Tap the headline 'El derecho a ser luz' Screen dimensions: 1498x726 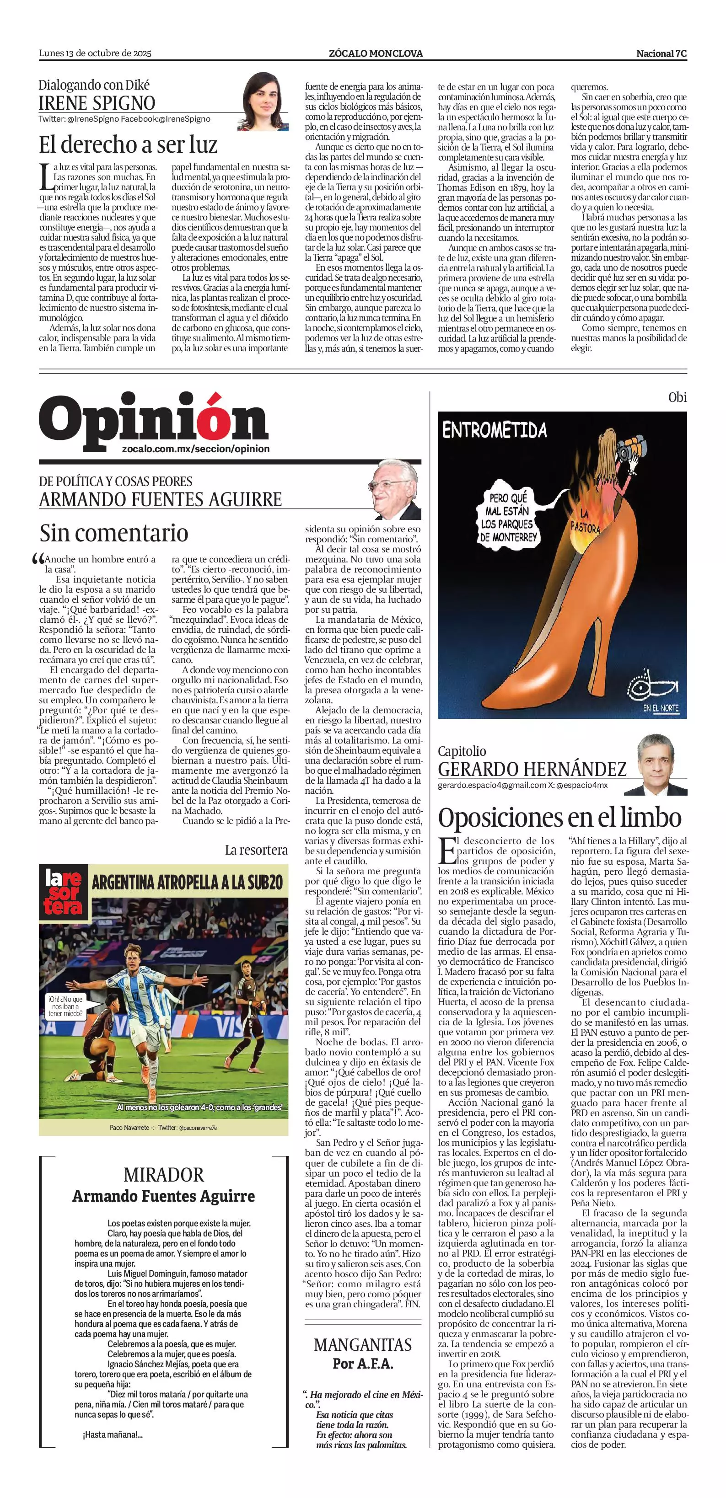pos(128,144)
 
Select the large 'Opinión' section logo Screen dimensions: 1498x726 pos(154,417)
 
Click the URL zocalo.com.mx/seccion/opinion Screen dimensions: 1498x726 pos(196,449)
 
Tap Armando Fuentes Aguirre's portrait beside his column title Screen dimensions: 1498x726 pos(396,489)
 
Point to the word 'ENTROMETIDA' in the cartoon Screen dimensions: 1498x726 pos(495,430)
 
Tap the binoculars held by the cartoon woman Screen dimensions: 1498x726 pos(630,449)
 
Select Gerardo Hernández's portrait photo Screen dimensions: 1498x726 pos(662,764)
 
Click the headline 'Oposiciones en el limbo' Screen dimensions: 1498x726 pos(559,817)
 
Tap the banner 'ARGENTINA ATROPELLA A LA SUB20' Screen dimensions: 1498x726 pos(187,882)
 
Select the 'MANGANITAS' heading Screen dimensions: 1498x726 pos(362,1344)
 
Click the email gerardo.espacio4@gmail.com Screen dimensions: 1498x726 pos(492,785)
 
